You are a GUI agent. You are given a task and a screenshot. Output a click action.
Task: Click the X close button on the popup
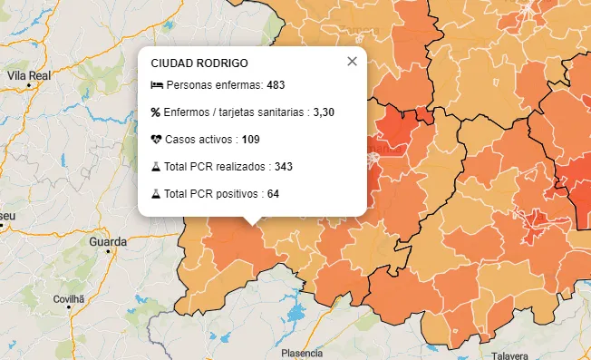352,62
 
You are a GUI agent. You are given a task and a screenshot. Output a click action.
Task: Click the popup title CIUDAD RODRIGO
199,63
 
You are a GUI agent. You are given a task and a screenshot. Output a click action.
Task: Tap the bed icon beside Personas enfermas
157,85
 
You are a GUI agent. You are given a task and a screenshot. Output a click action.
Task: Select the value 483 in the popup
276,85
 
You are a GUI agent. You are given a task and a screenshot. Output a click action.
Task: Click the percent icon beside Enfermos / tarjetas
156,112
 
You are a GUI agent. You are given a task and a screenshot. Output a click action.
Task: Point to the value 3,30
324,112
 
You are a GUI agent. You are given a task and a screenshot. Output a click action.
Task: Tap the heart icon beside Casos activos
156,140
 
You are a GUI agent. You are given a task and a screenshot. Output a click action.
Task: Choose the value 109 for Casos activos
251,140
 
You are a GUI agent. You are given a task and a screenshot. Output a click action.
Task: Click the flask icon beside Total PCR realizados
156,167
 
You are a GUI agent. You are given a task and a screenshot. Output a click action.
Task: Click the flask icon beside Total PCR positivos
156,194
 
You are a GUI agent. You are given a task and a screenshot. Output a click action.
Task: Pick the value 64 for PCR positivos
273,194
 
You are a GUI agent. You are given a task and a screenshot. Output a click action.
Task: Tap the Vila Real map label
28,75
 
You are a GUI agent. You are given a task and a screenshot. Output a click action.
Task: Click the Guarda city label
108,242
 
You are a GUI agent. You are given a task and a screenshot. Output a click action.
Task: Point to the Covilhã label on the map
68,297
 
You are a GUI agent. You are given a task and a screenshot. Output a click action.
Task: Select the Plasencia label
303,352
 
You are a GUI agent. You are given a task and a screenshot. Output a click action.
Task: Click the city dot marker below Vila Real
29,85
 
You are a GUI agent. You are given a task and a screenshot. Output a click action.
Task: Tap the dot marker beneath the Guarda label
108,252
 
